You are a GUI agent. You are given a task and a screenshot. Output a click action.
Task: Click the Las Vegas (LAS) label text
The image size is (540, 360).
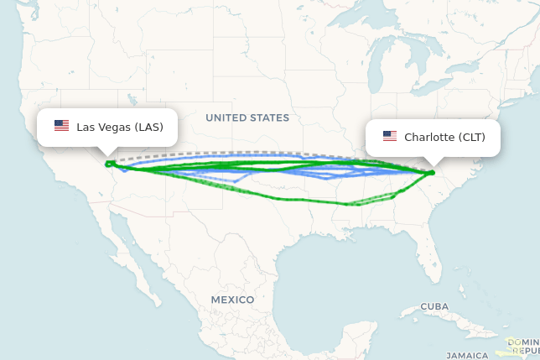pyautogui.click(x=119, y=127)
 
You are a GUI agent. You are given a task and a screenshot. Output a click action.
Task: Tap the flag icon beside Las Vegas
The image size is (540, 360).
pyautogui.click(x=61, y=126)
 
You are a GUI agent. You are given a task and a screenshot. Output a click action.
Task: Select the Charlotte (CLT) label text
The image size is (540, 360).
pyautogui.click(x=444, y=137)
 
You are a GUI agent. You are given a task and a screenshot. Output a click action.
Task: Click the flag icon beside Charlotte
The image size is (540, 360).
pyautogui.click(x=389, y=136)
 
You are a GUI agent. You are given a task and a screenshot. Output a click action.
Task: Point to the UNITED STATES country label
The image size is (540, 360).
pyautogui.click(x=247, y=118)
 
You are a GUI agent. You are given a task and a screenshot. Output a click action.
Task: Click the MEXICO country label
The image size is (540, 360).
pyautogui.click(x=232, y=300)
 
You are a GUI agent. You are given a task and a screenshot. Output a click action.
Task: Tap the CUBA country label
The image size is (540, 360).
pyautogui.click(x=434, y=306)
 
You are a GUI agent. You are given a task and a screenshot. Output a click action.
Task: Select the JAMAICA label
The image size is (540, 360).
pyautogui.click(x=467, y=355)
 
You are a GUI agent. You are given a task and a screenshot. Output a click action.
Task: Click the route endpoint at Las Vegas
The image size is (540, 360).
pyautogui.click(x=108, y=164)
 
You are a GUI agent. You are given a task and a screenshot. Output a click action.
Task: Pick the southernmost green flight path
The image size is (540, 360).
pyautogui.click(x=293, y=199)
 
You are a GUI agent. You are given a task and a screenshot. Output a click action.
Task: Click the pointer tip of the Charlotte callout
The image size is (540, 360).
pyautogui.click(x=434, y=164)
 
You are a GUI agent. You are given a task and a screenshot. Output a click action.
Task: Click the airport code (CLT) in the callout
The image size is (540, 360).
pyautogui.click(x=471, y=137)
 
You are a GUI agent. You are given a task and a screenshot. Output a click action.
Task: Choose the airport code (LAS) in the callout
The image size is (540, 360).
pyautogui.click(x=149, y=127)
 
